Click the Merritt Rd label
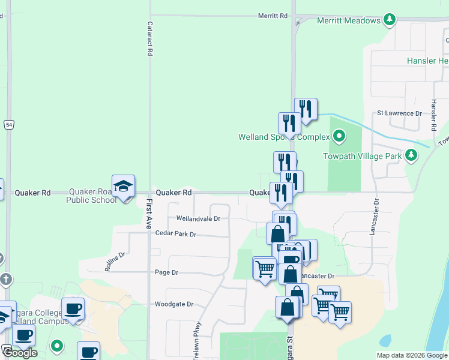pyautogui.click(x=273, y=16)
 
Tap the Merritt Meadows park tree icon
pyautogui.click(x=390, y=20)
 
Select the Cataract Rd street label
pyautogui.click(x=149, y=40)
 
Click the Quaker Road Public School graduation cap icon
pyautogui.click(x=123, y=186)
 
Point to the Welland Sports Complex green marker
pyautogui.click(x=339, y=136)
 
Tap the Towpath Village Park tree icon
pyautogui.click(x=411, y=156)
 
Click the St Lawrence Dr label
pyautogui.click(x=399, y=113)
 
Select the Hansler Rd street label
pyautogui.click(x=433, y=115)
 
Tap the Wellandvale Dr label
pyautogui.click(x=198, y=219)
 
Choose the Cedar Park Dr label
pyautogui.click(x=176, y=233)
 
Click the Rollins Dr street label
pyautogui.click(x=115, y=262)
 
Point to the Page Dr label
pyautogui.click(x=167, y=272)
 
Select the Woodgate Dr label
pyautogui.click(x=173, y=304)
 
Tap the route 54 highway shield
pyautogui.click(x=8, y=124)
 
